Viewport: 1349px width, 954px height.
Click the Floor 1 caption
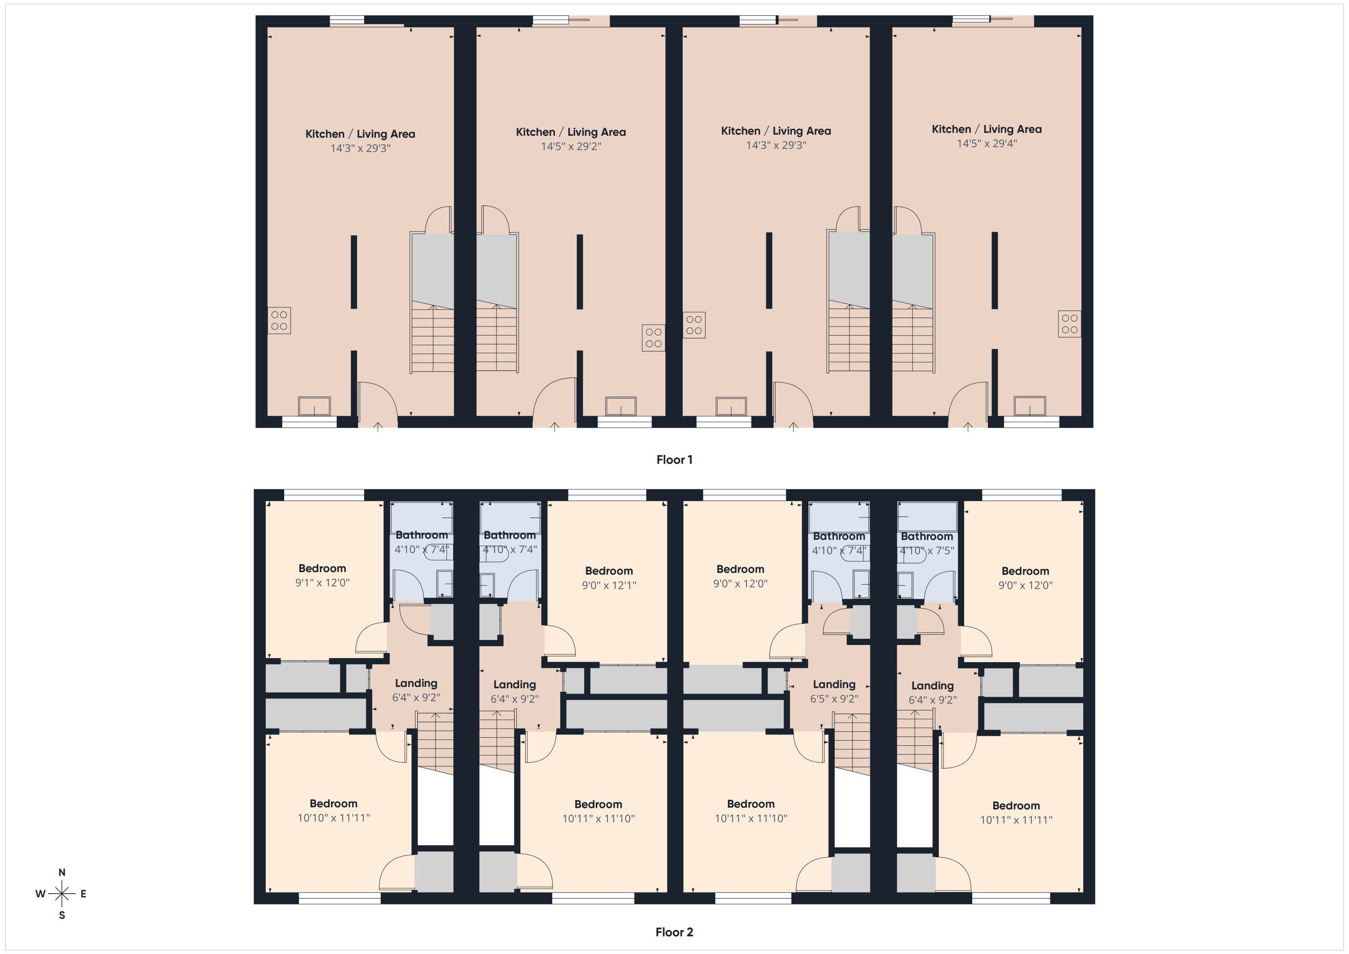click(x=674, y=460)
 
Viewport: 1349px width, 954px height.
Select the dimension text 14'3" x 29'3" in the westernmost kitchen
click(x=360, y=148)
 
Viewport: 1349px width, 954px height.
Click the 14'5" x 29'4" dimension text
click(x=987, y=143)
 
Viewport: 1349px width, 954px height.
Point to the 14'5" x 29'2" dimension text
click(x=571, y=146)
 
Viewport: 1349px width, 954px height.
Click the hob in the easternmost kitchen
click(x=1069, y=324)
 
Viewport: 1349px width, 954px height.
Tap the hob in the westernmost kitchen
click(x=279, y=320)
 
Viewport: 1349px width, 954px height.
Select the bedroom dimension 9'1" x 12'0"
click(x=322, y=582)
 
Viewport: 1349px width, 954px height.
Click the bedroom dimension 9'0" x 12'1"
click(x=609, y=585)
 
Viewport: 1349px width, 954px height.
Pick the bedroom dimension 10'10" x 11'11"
click(x=333, y=818)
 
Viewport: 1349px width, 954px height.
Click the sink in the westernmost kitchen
click(x=314, y=406)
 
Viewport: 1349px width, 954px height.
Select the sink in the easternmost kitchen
click(x=1029, y=406)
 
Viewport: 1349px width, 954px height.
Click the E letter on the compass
click(x=84, y=894)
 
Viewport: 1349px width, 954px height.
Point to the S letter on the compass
click(x=62, y=915)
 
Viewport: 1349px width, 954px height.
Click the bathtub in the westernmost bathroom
click(x=421, y=517)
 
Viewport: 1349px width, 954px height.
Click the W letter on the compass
click(x=40, y=894)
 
